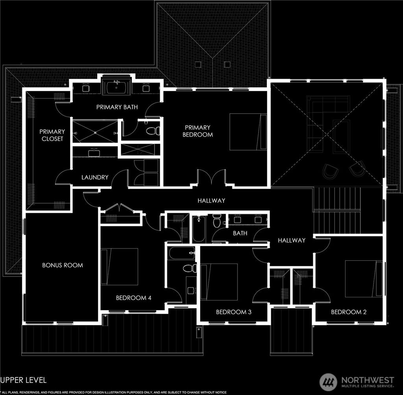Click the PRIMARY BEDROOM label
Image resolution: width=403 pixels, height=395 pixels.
[198, 131]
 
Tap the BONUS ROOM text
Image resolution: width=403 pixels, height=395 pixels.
[63, 265]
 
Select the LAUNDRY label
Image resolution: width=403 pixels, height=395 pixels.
[94, 177]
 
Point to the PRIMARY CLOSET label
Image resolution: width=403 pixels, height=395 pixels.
[52, 135]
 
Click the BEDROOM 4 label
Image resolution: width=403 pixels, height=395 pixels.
[133, 298]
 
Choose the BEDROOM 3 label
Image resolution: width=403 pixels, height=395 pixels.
[234, 312]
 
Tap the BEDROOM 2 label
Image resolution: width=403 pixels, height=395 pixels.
[349, 312]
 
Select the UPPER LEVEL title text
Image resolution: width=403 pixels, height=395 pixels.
[24, 380]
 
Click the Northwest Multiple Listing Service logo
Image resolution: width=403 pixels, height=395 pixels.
[357, 382]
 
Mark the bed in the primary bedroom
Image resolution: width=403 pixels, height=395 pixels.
[248, 132]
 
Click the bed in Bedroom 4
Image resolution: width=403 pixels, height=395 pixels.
[120, 267]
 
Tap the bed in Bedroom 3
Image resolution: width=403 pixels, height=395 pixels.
[219, 282]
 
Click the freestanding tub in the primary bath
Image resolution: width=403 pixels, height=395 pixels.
[116, 87]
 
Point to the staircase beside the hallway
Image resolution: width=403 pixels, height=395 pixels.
[337, 211]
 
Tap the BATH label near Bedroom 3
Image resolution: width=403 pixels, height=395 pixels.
[240, 233]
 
